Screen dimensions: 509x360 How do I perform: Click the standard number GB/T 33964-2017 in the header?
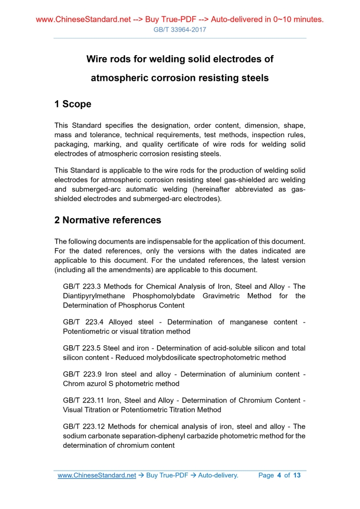(x=180, y=30)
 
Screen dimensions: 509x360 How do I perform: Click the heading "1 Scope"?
(x=73, y=104)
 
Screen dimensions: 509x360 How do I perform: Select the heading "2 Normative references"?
(x=108, y=220)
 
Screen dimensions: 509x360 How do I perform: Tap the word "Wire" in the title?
(x=98, y=59)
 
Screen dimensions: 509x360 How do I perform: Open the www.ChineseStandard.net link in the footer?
(x=96, y=475)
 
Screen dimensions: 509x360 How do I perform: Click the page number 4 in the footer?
(x=279, y=475)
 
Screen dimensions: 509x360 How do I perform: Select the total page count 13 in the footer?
(x=297, y=475)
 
